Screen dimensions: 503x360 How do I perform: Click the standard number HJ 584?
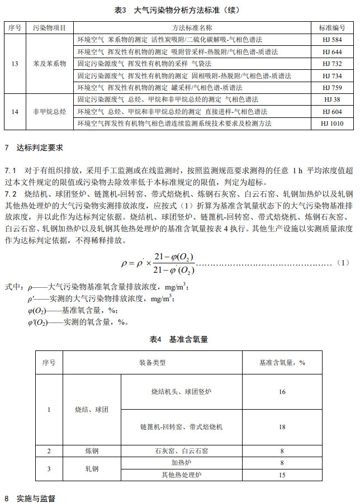pyautogui.click(x=332, y=40)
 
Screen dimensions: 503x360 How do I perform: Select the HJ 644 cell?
pyautogui.click(x=332, y=52)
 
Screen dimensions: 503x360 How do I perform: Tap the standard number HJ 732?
pyautogui.click(x=332, y=64)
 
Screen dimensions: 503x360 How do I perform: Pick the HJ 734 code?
pyautogui.click(x=332, y=75)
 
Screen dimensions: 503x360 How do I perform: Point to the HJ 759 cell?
pyautogui.click(x=332, y=87)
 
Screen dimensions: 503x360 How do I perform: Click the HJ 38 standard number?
pyautogui.click(x=332, y=99)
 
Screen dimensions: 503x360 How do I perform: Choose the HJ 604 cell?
pyautogui.click(x=332, y=111)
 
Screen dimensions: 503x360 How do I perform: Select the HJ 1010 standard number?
pyautogui.click(x=332, y=124)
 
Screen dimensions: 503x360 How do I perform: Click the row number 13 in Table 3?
pyautogui.click(x=15, y=64)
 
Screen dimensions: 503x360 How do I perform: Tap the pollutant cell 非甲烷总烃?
pyautogui.click(x=50, y=111)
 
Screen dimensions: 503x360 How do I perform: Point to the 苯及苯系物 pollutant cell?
pyautogui.click(x=50, y=64)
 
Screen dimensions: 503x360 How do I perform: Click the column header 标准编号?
pyautogui.click(x=332, y=27)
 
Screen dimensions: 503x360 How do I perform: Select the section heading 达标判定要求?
pyautogui.click(x=41, y=148)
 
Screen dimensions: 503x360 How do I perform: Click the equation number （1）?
pyautogui.click(x=343, y=262)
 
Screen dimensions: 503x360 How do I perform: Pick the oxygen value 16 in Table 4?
pyautogui.click(x=282, y=392)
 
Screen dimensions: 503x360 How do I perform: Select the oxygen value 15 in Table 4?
pyautogui.click(x=282, y=475)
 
